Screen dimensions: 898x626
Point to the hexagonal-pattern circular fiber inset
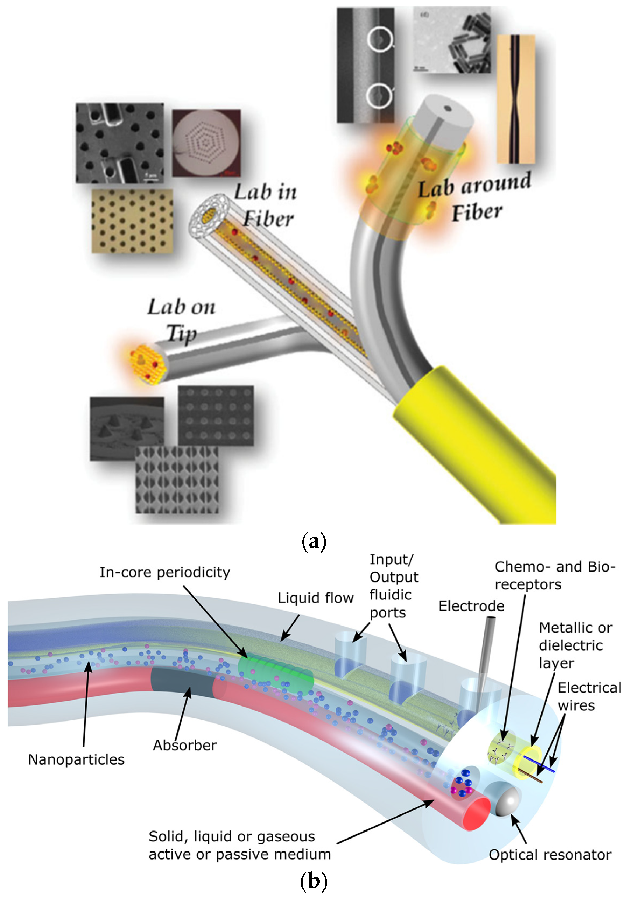tap(206, 143)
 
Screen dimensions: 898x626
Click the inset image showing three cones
tap(126, 428)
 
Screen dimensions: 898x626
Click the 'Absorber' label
tap(184, 745)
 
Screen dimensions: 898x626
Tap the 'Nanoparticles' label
tap(76, 759)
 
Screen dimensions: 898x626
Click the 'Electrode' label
tap(471, 606)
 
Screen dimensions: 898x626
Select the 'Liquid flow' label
tap(315, 598)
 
